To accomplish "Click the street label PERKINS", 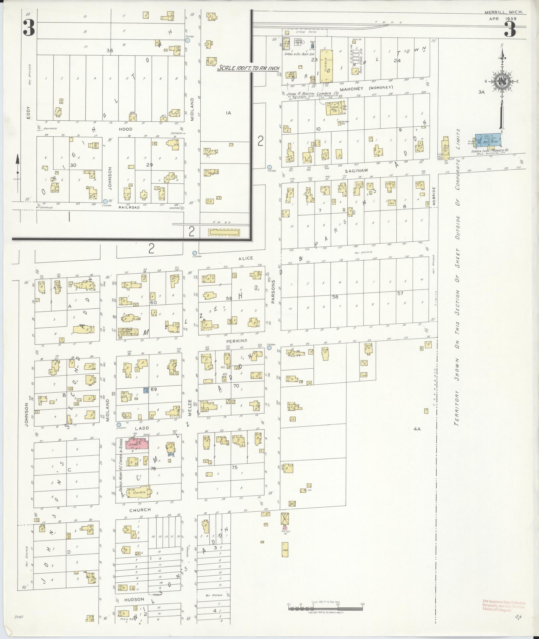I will pos(235,341).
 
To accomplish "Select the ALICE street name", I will pos(245,258).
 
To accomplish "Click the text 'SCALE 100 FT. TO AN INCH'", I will pos(248,68).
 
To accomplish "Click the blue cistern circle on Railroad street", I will pos(105,201).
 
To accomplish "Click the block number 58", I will pos(335,297).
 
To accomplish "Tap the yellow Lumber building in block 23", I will pos(326,66).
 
